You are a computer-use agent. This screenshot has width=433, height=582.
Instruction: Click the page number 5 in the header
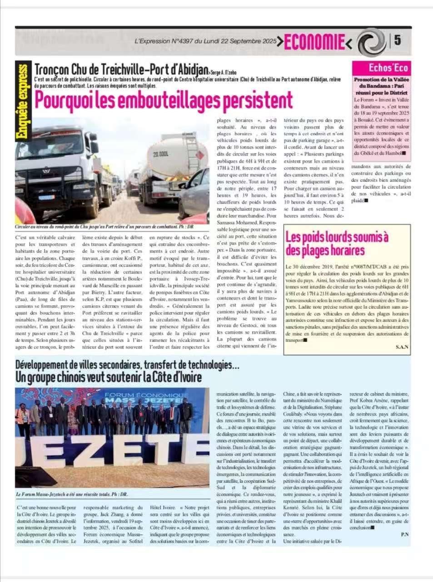tap(397, 40)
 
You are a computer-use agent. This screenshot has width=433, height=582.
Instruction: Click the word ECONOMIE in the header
tap(314, 42)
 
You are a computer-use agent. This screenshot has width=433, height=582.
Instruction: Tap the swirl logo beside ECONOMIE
tap(372, 42)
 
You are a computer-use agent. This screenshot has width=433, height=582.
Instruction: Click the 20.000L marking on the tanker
tap(160, 154)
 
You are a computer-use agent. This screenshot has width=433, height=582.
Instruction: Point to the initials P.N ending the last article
tap(405, 535)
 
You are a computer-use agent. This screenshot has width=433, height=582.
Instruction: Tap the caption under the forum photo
tap(72, 495)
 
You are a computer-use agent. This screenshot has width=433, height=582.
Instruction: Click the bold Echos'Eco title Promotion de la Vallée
tap(381, 80)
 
